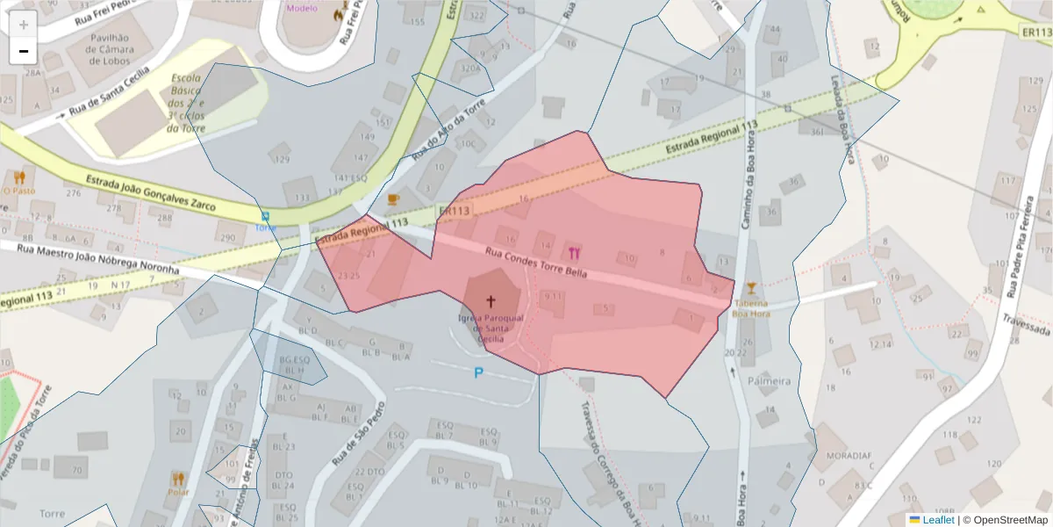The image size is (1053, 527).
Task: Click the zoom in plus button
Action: coord(24,25)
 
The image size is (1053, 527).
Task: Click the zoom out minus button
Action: coord(24,51)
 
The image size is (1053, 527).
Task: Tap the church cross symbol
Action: coord(490,300)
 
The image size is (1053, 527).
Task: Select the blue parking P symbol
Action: coord(478,373)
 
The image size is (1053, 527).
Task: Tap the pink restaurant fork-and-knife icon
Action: coord(575,253)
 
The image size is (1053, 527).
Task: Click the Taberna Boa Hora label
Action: coord(750,306)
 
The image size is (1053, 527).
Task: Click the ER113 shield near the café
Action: coord(454,212)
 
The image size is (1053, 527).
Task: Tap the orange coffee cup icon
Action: coord(392,199)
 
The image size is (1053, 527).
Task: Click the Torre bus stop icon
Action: coord(265,215)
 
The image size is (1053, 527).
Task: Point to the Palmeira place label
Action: coord(769,381)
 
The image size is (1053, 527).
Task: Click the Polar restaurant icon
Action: coord(179,479)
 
